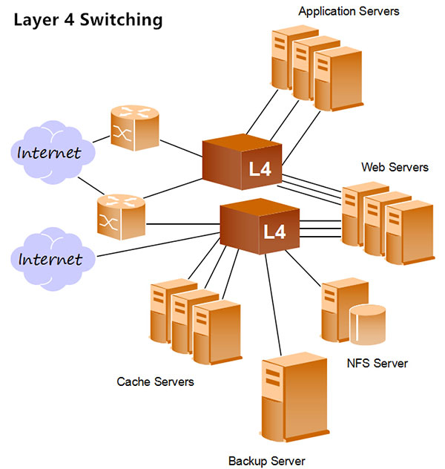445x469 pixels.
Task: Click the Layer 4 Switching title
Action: coord(88,19)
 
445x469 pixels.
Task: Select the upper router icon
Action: coord(134,127)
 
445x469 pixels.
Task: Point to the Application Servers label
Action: coord(349,11)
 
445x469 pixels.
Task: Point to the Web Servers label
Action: coord(395,167)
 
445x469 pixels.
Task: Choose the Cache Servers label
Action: coord(155,382)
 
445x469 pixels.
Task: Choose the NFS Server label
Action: coord(378,364)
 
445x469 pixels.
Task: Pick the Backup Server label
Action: coord(266,461)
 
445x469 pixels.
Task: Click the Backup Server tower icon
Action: coord(293,401)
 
